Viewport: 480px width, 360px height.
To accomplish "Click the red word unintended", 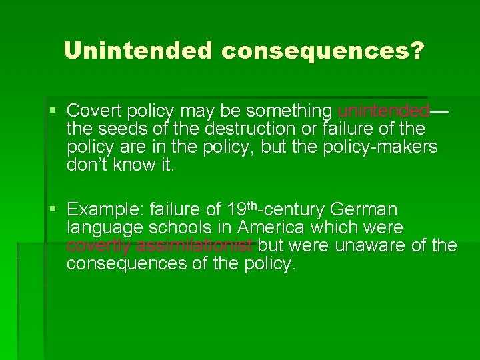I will click(383, 110).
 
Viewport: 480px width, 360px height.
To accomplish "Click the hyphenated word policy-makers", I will click(381, 147).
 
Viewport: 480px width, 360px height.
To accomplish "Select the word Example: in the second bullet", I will click(105, 209).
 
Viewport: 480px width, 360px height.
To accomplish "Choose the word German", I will click(364, 209).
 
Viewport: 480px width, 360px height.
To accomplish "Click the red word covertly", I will click(98, 245).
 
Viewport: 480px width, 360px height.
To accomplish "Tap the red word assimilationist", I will click(193, 245).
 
